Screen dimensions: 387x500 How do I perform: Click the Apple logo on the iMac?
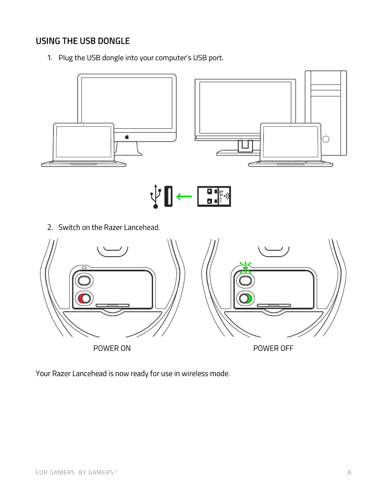tap(127, 137)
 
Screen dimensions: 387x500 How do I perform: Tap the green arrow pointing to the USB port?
tap(184, 197)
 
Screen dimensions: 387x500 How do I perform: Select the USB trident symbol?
tap(155, 196)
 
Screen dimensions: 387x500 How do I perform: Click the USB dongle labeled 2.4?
tap(214, 196)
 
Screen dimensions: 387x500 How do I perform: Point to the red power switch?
tap(84, 298)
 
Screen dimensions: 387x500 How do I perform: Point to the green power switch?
tap(245, 298)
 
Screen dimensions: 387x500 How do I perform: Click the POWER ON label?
tap(112, 348)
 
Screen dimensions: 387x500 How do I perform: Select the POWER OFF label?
tap(273, 348)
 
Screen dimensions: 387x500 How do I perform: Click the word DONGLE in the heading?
tap(114, 41)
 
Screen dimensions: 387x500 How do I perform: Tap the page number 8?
tap(349, 473)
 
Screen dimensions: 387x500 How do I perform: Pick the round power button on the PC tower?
tap(326, 139)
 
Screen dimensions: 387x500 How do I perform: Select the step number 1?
tap(50, 58)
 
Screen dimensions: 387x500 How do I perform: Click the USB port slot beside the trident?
tap(169, 196)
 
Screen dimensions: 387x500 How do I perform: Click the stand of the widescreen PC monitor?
tap(245, 146)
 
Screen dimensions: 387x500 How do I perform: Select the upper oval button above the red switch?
tap(84, 280)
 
